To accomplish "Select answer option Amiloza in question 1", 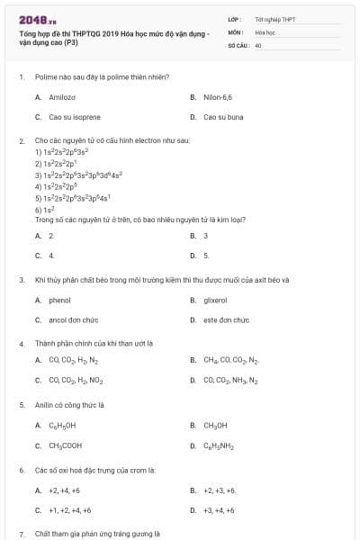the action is (x=62, y=96).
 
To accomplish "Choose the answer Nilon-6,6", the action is (x=218, y=96).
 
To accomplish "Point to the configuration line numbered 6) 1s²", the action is (x=44, y=209).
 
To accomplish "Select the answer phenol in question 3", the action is (x=59, y=300).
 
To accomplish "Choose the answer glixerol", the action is (x=216, y=300).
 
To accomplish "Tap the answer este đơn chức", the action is (x=226, y=319).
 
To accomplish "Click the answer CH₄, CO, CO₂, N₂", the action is (x=230, y=360).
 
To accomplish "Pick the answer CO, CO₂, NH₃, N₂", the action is (x=230, y=380).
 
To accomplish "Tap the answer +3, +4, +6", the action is (x=219, y=510).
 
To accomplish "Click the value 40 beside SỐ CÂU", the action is (x=258, y=44).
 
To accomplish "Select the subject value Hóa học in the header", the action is (x=264, y=31).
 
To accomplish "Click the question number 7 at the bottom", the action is (x=21, y=534).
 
